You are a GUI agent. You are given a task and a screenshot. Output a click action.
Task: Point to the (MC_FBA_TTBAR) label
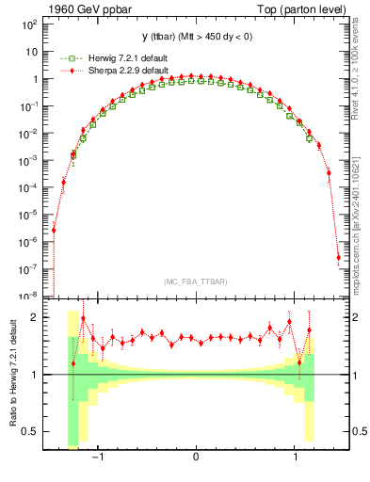[x=195, y=282]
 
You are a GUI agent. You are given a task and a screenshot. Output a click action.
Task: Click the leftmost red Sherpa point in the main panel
[x=54, y=230]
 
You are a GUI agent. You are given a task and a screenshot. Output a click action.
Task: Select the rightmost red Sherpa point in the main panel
[x=338, y=257]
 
